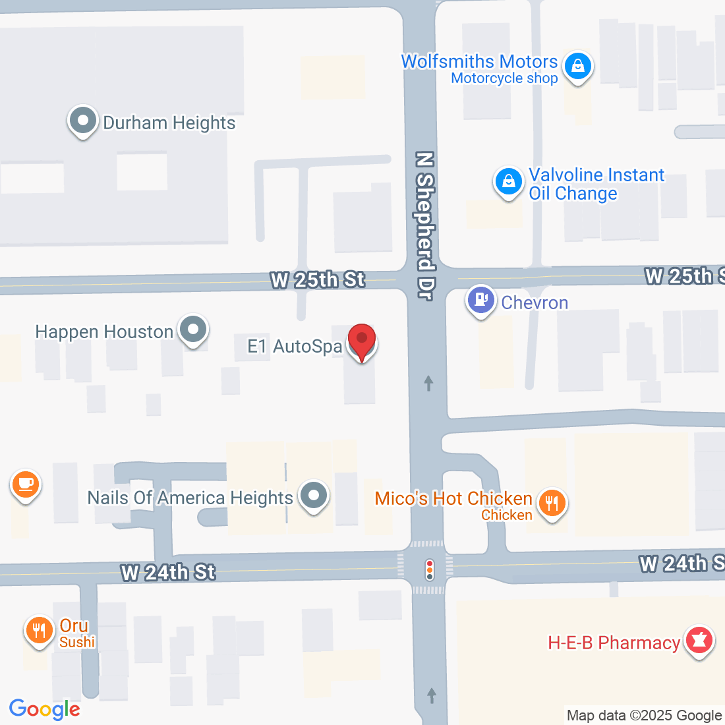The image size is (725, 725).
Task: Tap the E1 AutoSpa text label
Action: [295, 346]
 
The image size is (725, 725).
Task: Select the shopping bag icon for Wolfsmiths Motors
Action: [578, 67]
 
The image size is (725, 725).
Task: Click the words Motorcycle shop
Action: [504, 78]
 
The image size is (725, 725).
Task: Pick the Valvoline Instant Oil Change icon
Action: [508, 181]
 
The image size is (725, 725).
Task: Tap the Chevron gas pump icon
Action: [481, 301]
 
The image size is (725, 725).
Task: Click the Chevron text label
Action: [535, 303]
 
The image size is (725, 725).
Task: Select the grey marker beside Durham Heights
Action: [82, 121]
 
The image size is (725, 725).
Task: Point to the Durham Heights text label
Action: [169, 123]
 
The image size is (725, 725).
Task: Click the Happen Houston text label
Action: [104, 332]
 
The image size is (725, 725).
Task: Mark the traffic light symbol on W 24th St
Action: [430, 569]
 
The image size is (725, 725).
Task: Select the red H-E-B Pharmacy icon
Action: [699, 641]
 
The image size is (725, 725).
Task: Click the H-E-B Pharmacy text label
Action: [614, 643]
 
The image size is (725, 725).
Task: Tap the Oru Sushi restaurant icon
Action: [40, 631]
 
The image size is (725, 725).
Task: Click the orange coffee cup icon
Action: [25, 485]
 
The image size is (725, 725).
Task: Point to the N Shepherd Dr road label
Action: [426, 226]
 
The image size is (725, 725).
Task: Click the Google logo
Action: [44, 709]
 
